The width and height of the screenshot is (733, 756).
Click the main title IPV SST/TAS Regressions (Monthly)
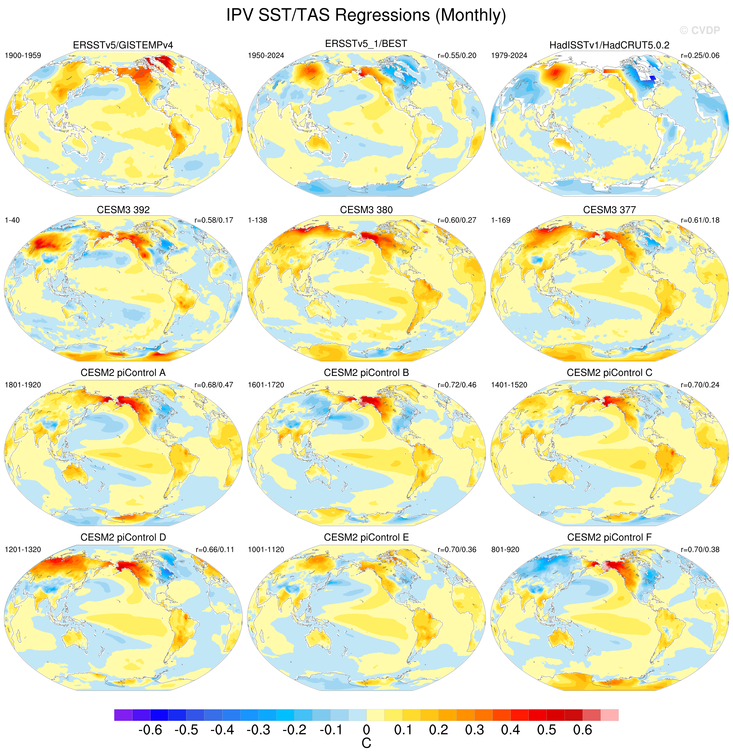(x=366, y=15)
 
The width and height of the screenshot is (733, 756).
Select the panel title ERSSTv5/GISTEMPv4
(x=123, y=45)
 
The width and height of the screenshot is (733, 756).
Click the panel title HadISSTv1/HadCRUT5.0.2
(x=609, y=45)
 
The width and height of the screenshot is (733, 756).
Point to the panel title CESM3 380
(x=366, y=210)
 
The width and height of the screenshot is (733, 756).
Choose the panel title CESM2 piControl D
(x=123, y=537)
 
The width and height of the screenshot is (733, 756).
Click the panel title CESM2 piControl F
(x=609, y=537)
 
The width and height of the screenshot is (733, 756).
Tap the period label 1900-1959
(x=23, y=56)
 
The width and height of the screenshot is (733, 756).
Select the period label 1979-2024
(x=509, y=56)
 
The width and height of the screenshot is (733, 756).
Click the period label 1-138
(x=258, y=220)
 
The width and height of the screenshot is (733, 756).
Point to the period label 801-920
(x=505, y=550)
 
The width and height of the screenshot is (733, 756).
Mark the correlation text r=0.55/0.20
(x=457, y=56)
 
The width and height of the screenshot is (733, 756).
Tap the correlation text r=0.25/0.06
(x=700, y=56)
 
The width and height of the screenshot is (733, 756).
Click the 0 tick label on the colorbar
(x=366, y=730)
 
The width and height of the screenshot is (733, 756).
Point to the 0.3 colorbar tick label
(x=474, y=730)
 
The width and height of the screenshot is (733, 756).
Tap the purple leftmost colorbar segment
(x=123, y=715)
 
